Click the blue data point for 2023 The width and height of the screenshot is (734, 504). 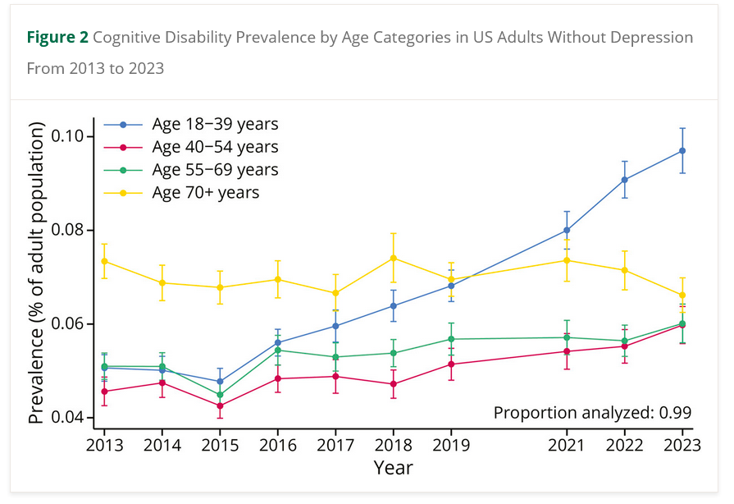coord(682,150)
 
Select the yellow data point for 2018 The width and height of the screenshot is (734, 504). coord(394,258)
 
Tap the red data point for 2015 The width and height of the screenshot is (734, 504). coord(220,405)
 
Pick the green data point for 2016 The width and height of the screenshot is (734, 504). coord(278,350)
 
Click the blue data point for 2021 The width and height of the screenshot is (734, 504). coord(567,230)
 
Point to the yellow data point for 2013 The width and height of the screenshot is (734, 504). coord(104,261)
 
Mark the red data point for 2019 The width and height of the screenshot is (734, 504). coord(451,364)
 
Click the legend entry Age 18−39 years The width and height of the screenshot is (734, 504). coord(215,125)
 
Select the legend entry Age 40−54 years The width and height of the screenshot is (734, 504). coord(215,148)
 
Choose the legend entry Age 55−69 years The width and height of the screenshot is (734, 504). coord(215,170)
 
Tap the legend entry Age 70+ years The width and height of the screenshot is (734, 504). coord(205,193)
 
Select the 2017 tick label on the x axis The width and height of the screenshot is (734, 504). coord(335,445)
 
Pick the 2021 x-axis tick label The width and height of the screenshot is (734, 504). coord(567,445)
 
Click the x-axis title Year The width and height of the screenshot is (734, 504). coord(394,468)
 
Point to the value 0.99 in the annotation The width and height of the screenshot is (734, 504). coord(674,412)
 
